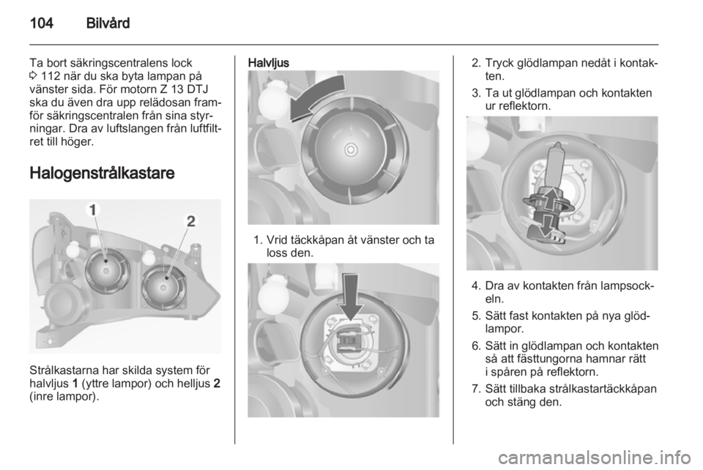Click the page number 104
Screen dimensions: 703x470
tap(42, 23)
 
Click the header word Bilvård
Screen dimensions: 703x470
tap(108, 23)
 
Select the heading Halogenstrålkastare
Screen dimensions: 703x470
tap(102, 173)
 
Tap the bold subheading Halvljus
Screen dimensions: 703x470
tap(269, 63)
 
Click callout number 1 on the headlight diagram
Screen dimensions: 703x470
tap(93, 209)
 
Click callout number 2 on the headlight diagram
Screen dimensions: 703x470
tap(191, 221)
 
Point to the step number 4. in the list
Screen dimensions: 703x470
tap(476, 286)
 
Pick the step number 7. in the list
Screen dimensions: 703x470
tap(476, 389)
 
